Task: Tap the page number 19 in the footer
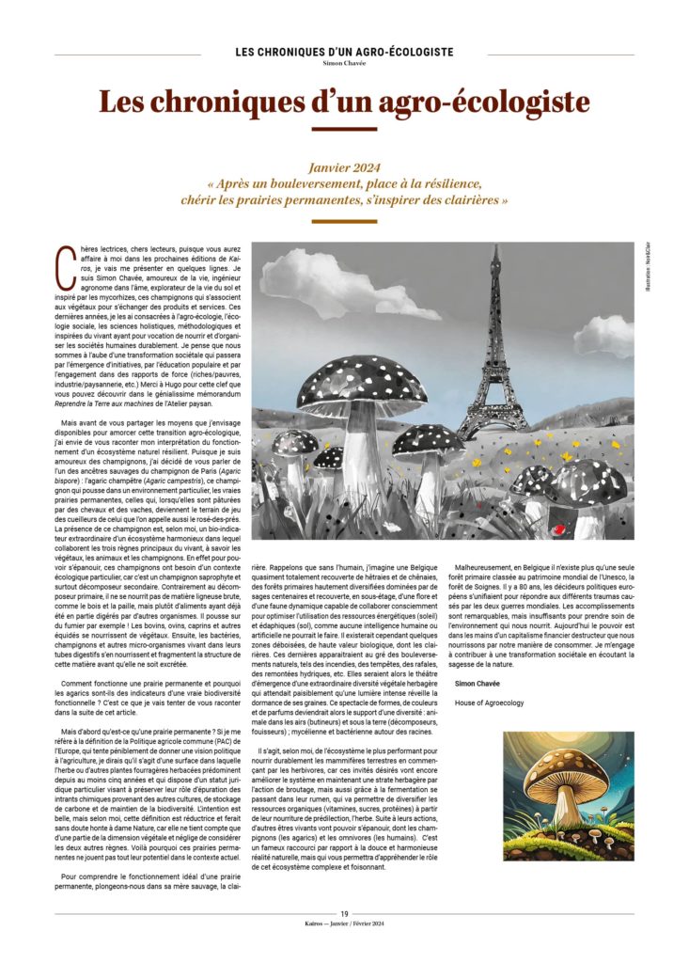[x=344, y=912]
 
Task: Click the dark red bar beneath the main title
[x=344, y=128]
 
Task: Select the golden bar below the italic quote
[x=344, y=222]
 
